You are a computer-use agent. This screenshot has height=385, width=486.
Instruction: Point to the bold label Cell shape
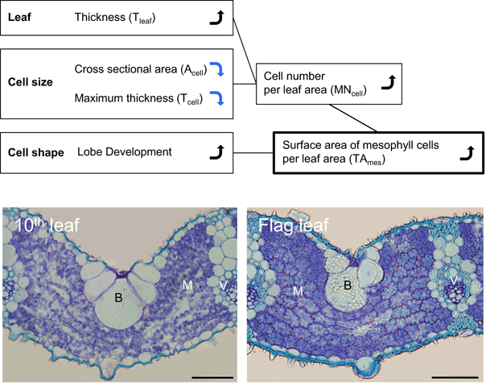tap(36, 151)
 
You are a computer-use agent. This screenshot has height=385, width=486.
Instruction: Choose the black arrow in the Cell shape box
tap(215, 151)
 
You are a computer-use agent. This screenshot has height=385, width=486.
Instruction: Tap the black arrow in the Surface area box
tap(465, 151)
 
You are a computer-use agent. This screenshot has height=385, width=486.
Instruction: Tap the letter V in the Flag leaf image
tap(454, 281)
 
